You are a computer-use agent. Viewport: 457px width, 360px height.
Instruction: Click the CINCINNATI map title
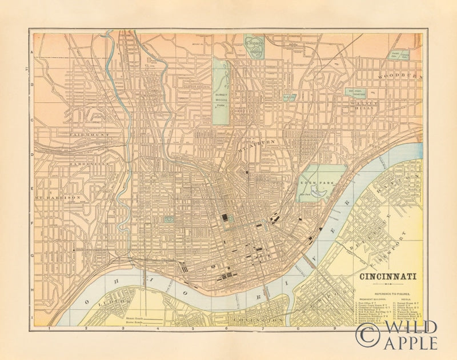pos(387,278)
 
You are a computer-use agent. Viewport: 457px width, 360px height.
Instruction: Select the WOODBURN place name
pos(402,75)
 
